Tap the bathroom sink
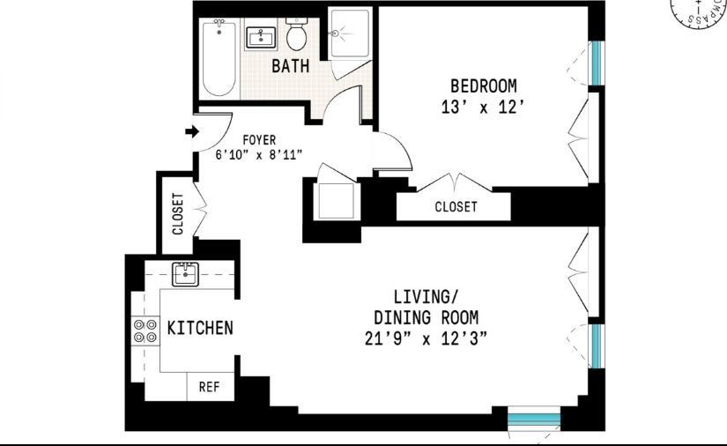tap(262, 38)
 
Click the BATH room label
tap(289, 66)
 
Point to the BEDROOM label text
tap(483, 85)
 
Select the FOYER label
tap(258, 139)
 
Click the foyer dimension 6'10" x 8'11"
tap(260, 153)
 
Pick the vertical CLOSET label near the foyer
tap(177, 213)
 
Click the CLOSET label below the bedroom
tap(456, 207)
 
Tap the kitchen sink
tap(186, 275)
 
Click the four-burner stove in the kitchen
tap(141, 331)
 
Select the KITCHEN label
tap(200, 328)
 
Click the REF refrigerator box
tap(209, 386)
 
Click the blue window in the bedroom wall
tap(597, 63)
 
